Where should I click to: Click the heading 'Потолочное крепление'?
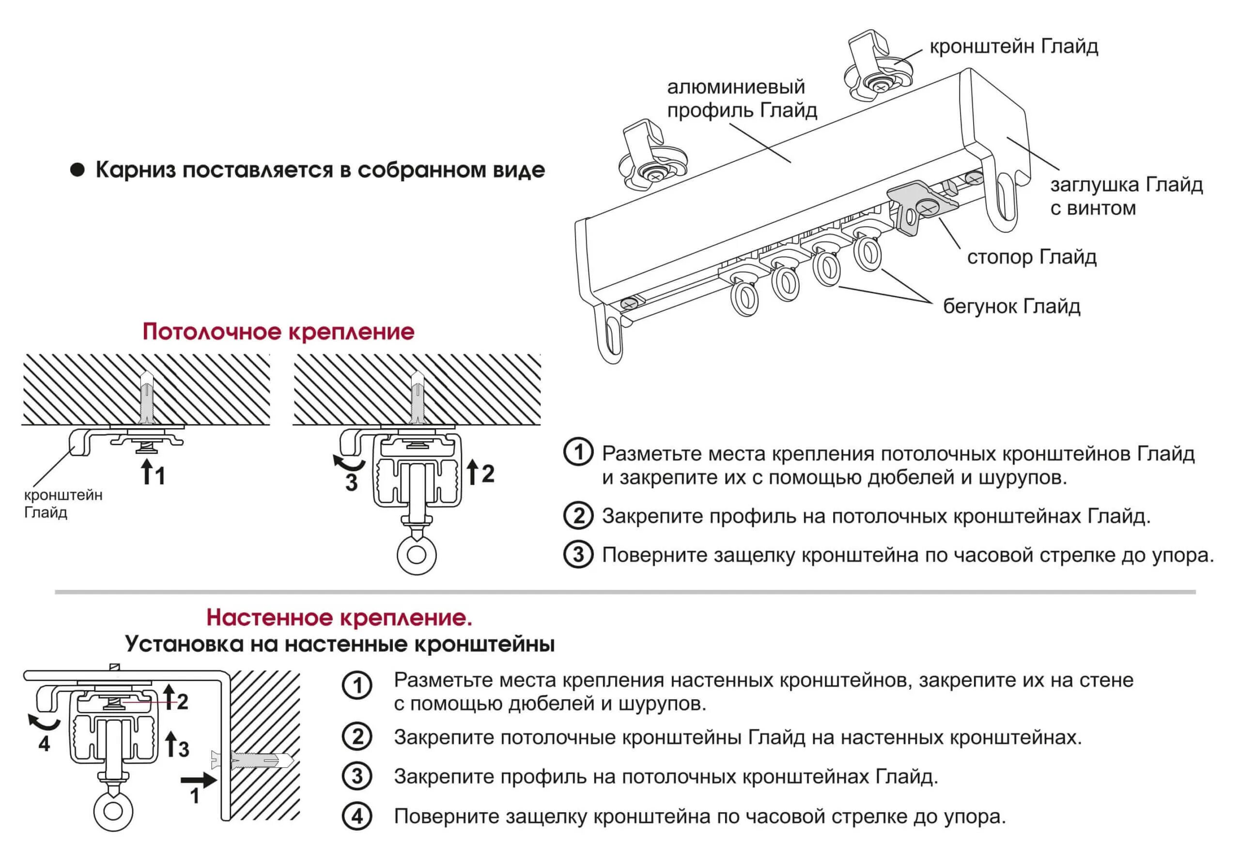278,332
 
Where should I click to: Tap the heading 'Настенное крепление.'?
339,617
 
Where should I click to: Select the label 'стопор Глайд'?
1032,257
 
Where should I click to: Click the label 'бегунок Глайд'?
1011,307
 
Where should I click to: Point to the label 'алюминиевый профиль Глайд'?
742,98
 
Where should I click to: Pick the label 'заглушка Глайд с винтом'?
1126,197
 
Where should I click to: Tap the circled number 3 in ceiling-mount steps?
578,555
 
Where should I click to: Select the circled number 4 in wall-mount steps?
357,817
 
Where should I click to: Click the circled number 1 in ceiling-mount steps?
578,453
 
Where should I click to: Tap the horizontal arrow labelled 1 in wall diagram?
198,779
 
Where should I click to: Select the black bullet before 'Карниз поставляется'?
78,170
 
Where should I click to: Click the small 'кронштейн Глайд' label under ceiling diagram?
62,503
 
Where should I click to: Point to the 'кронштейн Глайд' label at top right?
1014,47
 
